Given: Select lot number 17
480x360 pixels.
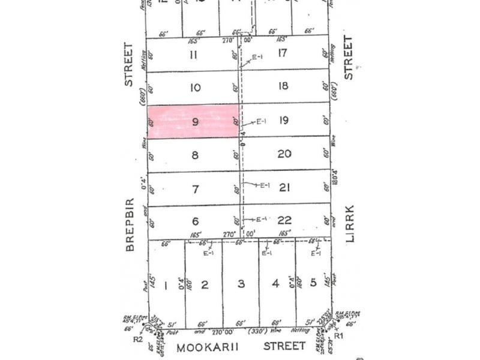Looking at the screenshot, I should (x=283, y=53).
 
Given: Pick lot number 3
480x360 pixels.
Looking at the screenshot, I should (x=241, y=284).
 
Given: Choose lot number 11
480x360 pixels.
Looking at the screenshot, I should (x=193, y=55).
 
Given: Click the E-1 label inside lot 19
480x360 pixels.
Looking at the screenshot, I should (x=261, y=122).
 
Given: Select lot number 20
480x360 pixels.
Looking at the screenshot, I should (x=284, y=154).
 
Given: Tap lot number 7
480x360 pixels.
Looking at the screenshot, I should (x=194, y=189).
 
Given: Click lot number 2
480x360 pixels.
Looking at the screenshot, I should (x=204, y=284).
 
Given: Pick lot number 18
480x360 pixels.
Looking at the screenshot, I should (x=283, y=86).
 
